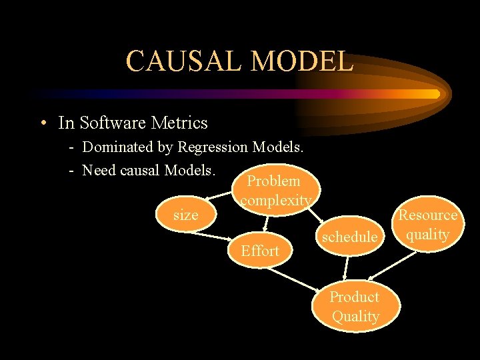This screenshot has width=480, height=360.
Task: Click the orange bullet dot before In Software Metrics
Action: click(43, 123)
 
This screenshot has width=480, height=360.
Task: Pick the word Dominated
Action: click(116, 147)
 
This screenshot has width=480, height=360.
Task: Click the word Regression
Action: click(213, 147)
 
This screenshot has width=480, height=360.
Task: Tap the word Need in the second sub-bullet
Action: click(99, 170)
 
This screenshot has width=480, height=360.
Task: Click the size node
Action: click(185, 215)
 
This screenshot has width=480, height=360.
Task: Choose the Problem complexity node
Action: click(275, 190)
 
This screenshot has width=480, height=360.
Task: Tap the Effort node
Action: click(260, 251)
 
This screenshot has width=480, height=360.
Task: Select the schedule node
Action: click(349, 237)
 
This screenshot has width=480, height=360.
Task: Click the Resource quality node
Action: click(427, 225)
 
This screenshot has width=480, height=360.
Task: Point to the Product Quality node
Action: click(355, 306)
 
